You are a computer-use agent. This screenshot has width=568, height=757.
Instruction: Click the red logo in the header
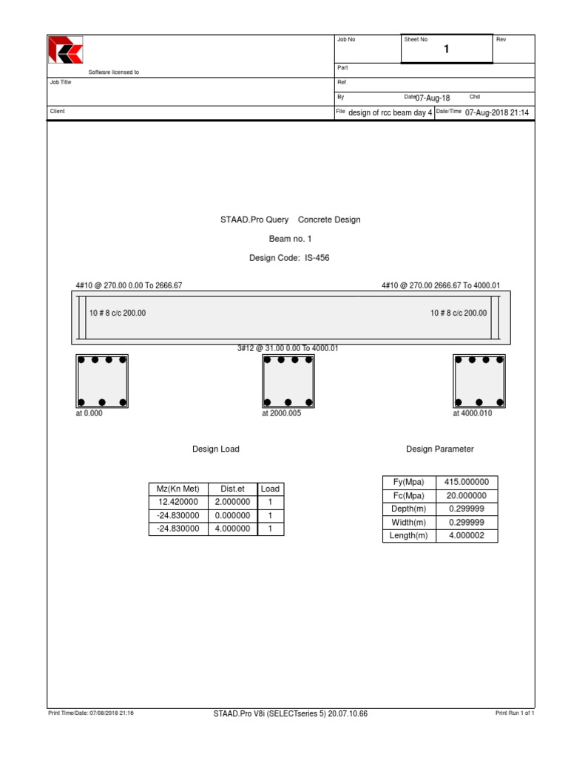[x=66, y=50]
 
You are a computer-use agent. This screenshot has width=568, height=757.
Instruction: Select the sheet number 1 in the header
[x=446, y=50]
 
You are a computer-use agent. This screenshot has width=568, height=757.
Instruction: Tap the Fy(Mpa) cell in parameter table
[x=408, y=482]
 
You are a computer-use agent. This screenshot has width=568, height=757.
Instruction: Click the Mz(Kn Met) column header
[x=178, y=489]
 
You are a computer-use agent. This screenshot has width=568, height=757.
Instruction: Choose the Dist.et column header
[x=232, y=489]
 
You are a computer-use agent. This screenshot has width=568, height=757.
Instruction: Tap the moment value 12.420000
[x=178, y=502]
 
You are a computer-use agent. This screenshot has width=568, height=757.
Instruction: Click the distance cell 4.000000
[x=232, y=529]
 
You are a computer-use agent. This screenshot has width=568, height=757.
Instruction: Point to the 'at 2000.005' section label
[x=281, y=414]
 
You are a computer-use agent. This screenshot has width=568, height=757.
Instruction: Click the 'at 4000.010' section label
[x=472, y=414]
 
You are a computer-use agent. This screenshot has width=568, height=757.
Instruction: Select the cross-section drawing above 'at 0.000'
[x=102, y=381]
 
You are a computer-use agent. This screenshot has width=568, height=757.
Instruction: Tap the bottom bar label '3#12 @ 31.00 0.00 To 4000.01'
[x=288, y=348]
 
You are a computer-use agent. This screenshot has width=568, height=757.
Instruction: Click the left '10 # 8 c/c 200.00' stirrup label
[x=117, y=313]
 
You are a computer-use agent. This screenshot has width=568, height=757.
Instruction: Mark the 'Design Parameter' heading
[x=440, y=449]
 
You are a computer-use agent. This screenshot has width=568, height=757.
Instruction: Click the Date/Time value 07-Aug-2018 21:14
[x=497, y=113]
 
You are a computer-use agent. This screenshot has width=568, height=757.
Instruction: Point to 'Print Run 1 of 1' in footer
[x=515, y=713]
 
